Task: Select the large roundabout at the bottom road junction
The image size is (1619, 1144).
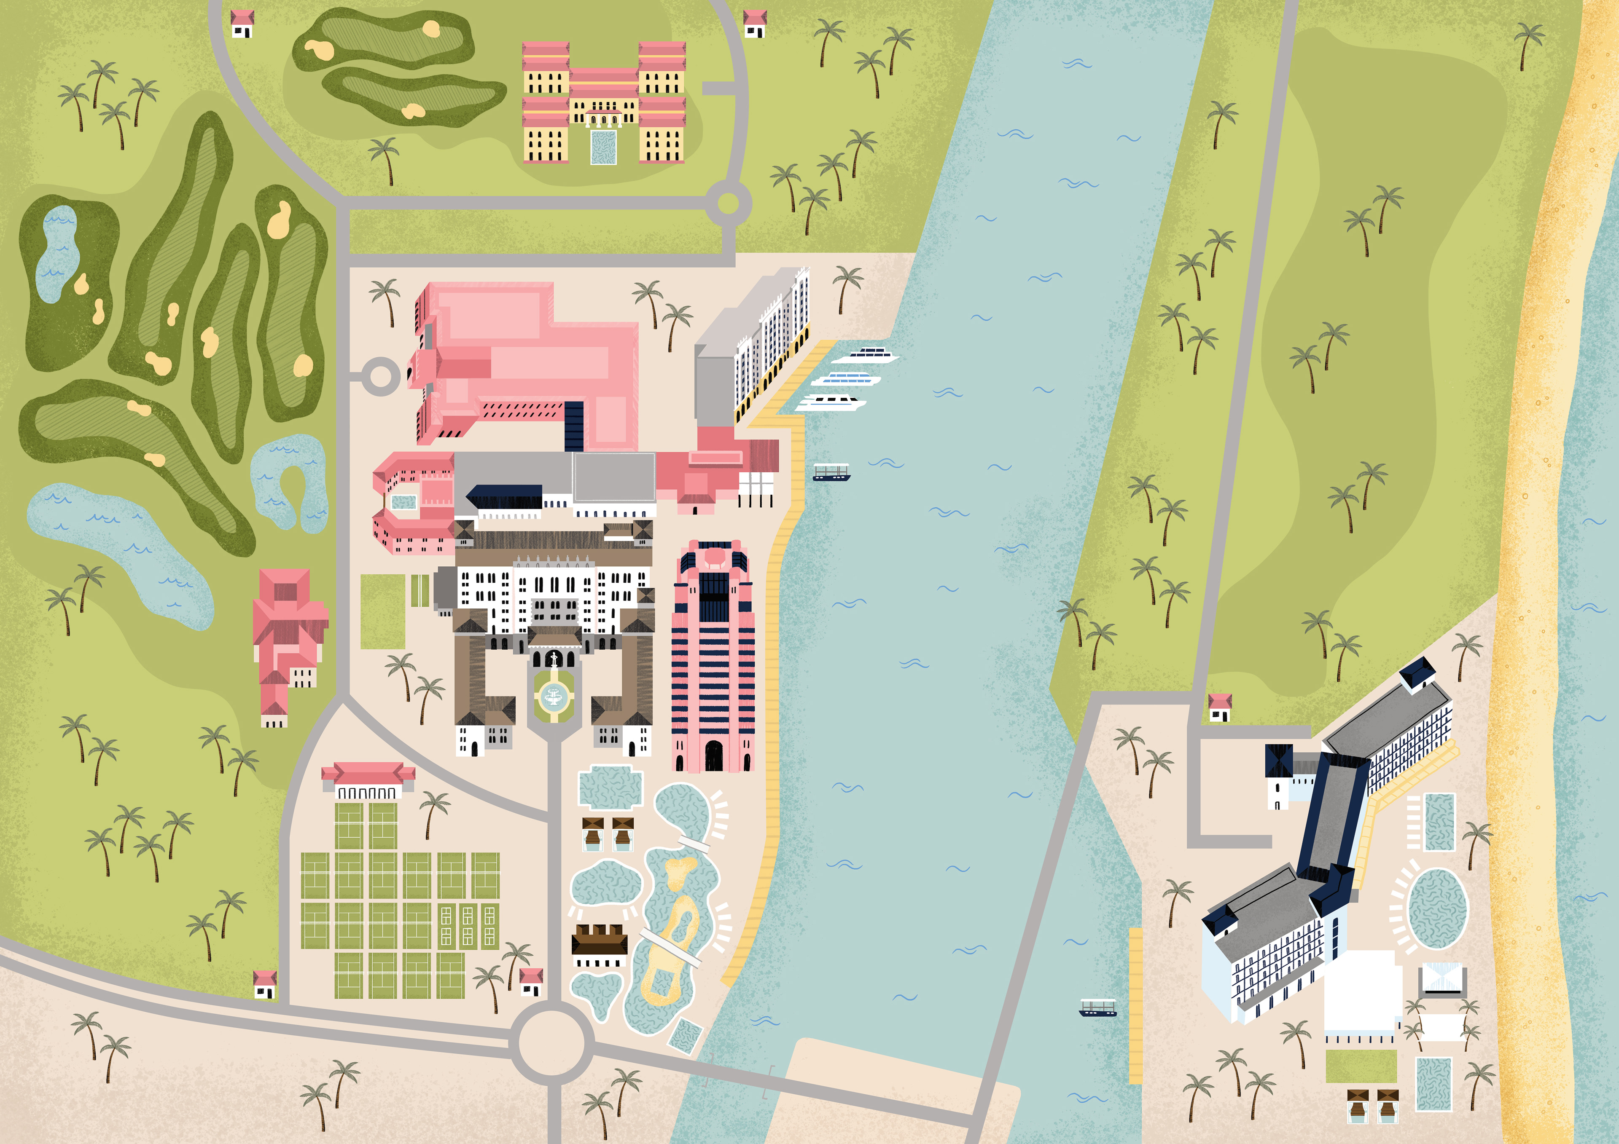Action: tap(552, 1042)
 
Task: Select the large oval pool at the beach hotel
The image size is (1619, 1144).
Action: tap(1436, 908)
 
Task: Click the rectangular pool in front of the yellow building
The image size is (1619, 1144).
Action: tap(603, 147)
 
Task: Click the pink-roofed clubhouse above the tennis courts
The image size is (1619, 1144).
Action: tap(368, 779)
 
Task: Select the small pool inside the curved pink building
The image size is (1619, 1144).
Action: tap(403, 502)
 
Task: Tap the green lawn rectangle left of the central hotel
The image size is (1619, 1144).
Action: tap(382, 611)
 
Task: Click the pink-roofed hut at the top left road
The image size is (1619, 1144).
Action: tap(242, 23)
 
